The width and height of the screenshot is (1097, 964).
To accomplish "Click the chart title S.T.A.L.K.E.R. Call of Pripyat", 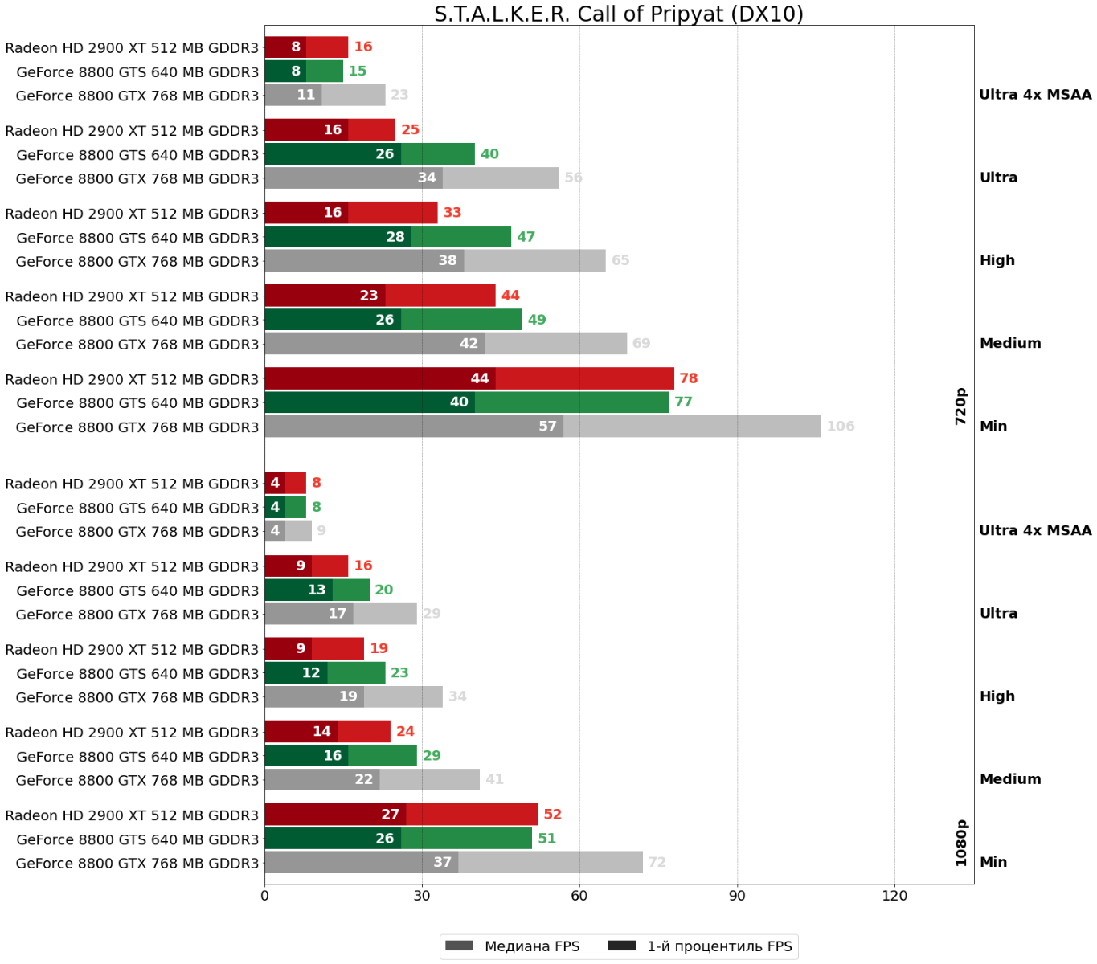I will (x=618, y=14).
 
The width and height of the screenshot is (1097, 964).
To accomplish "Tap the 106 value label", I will (x=841, y=427).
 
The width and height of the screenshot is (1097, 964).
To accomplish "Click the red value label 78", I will (x=689, y=378).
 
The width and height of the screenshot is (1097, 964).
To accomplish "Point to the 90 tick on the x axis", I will (x=737, y=896).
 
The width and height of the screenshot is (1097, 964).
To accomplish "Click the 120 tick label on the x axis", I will (x=894, y=896).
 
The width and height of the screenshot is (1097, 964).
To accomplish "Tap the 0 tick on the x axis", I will (x=264, y=896).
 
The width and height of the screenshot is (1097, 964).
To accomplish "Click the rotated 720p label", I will (x=961, y=406).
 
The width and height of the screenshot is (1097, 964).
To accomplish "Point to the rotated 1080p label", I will (x=961, y=843).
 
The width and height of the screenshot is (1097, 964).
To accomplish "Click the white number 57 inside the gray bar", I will (x=547, y=427).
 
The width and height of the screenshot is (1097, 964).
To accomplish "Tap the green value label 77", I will (x=683, y=402).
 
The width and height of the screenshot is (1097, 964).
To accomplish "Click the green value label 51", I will (x=546, y=839).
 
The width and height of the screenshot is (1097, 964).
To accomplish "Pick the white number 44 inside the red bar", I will (x=480, y=378).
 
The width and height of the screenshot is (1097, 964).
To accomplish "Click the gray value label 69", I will (x=641, y=344).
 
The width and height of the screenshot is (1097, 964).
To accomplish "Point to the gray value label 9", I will (x=321, y=531).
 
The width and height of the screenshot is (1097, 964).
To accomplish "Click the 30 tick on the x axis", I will (x=422, y=896).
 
